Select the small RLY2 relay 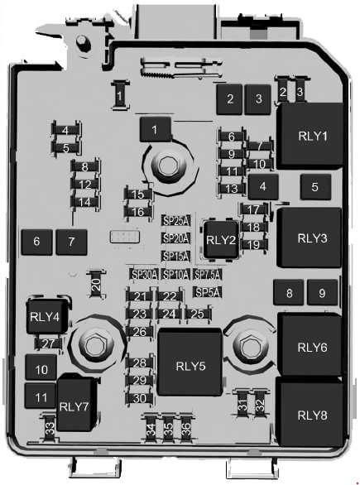pyautogui.click(x=221, y=239)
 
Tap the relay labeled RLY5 pyautogui.click(x=190, y=363)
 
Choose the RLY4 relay pyautogui.click(x=46, y=315)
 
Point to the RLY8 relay pyautogui.click(x=310, y=412)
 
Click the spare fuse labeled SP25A pyautogui.click(x=175, y=221)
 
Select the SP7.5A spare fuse pyautogui.click(x=207, y=274)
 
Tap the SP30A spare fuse pyautogui.click(x=144, y=274)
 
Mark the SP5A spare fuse pyautogui.click(x=207, y=292)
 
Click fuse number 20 pyautogui.click(x=96, y=284)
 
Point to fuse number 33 pyautogui.click(x=50, y=429)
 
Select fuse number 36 pyautogui.click(x=186, y=429)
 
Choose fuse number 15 pyautogui.click(x=138, y=194)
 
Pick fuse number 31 pyautogui.click(x=242, y=403)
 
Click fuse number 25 pyautogui.click(x=198, y=314)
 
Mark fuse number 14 pyautogui.click(x=84, y=202)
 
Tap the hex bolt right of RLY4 pyautogui.click(x=94, y=345)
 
